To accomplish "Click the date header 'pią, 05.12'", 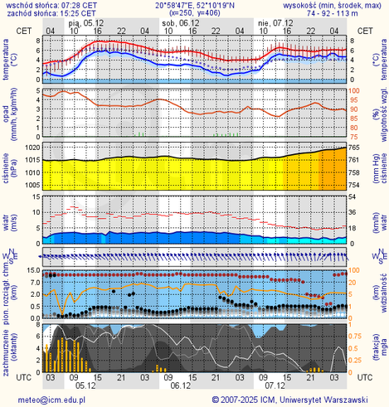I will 85,23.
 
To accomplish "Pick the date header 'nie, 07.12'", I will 275,23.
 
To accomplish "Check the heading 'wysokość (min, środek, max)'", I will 335,5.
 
